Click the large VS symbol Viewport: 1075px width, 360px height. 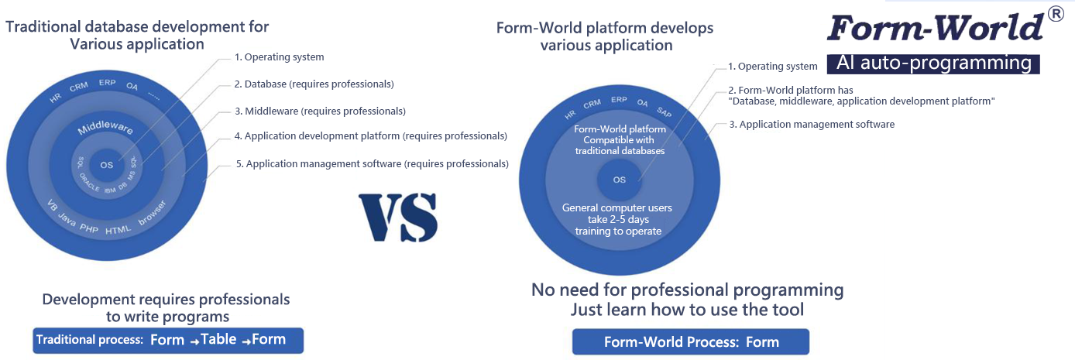click(x=398, y=218)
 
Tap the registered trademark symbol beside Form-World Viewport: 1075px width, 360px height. click(x=1056, y=15)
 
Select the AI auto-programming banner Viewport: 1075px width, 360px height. click(x=933, y=63)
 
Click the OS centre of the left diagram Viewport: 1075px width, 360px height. click(x=107, y=165)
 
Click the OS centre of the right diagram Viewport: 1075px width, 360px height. click(x=619, y=180)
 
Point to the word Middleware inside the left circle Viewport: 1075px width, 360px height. click(x=105, y=127)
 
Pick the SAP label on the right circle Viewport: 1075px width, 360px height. click(x=665, y=111)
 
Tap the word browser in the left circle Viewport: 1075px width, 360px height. click(x=152, y=213)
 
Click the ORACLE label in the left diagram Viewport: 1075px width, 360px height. click(x=89, y=183)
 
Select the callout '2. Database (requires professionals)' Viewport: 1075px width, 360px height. click(x=314, y=84)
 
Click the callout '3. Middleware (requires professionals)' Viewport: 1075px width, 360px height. click(x=320, y=111)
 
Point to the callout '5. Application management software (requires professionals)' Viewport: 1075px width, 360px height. click(x=372, y=163)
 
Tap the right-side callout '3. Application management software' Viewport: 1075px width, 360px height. click(x=812, y=125)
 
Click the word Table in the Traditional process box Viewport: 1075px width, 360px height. click(x=218, y=339)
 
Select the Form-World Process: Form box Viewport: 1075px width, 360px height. click(x=691, y=341)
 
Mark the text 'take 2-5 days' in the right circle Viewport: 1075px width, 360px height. click(x=618, y=219)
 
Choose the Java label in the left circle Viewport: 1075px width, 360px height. click(x=67, y=220)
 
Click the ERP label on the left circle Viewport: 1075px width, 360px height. click(x=108, y=83)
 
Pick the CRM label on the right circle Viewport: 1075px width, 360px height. click(x=592, y=104)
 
